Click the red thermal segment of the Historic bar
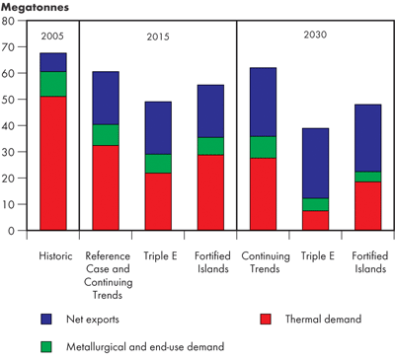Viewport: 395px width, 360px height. tap(53, 163)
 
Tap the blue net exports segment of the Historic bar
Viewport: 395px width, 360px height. tap(53, 62)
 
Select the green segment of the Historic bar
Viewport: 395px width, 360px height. tap(53, 84)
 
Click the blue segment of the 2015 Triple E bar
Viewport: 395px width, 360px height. tap(158, 127)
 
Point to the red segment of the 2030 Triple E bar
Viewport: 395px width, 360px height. tap(315, 220)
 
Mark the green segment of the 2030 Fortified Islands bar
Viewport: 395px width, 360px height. tap(367, 177)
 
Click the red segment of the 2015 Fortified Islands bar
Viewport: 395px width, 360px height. tap(210, 192)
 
